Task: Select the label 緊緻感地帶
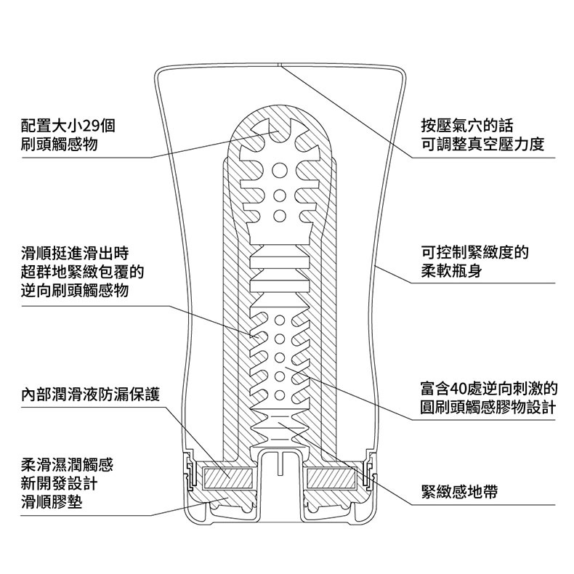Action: coord(459,492)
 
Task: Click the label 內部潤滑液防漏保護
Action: coord(90,395)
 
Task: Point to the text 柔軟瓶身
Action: coord(451,271)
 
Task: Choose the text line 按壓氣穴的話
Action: coord(467,126)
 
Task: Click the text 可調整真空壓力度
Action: coord(482,145)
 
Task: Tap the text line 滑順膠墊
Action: coord(52,502)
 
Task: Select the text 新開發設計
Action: coord(60,484)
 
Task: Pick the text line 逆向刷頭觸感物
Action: coord(75,291)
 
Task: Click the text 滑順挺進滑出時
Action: coord(75,253)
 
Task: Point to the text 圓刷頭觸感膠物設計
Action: coord(488,408)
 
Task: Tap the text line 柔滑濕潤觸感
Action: coord(68,465)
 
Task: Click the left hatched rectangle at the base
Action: coord(227,479)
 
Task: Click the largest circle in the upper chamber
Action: coord(280,169)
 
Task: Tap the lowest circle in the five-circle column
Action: coord(280,395)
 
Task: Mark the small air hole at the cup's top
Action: coord(279,65)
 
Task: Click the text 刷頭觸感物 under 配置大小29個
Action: coord(60,145)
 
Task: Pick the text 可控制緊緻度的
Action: coord(474,252)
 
